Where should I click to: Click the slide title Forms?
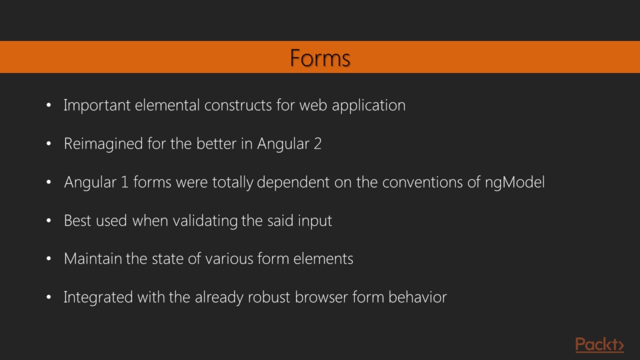click(320, 58)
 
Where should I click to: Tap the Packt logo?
click(599, 344)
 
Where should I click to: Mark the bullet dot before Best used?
click(48, 220)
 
